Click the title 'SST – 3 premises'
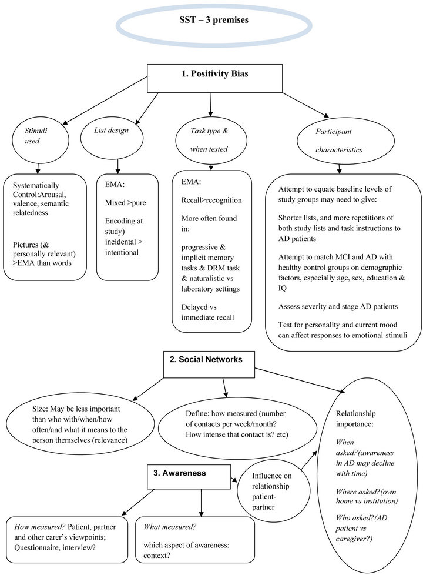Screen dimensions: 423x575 click(x=214, y=20)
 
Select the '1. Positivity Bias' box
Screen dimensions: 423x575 click(x=215, y=78)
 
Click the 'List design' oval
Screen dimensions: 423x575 click(x=112, y=138)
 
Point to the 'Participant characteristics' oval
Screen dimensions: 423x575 click(x=345, y=141)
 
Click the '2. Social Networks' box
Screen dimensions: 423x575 click(x=209, y=365)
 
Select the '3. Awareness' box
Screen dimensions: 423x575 click(x=189, y=477)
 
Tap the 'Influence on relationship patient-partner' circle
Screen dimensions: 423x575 click(x=273, y=491)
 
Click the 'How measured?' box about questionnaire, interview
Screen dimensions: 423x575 click(x=67, y=540)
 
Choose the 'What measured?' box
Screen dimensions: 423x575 click(x=195, y=540)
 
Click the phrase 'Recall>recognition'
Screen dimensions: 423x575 click(x=211, y=200)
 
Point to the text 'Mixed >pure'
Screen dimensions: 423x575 click(x=125, y=203)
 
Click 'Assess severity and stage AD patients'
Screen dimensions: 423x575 click(x=338, y=306)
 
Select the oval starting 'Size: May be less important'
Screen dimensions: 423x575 click(x=80, y=424)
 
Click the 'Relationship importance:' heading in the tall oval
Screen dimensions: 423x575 click(x=356, y=419)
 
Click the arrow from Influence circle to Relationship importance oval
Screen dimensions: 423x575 click(x=309, y=460)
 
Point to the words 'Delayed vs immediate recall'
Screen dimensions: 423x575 click(x=207, y=312)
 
